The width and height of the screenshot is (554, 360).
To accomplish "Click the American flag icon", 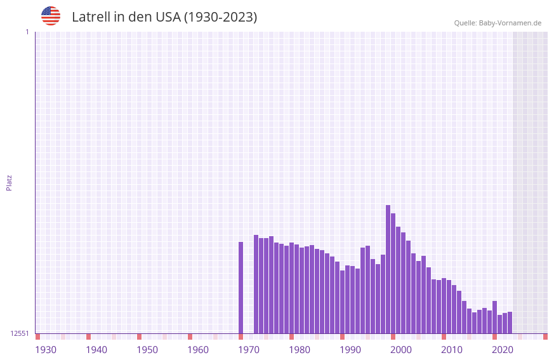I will (x=51, y=16).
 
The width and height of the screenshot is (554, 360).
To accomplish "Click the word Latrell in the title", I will (x=91, y=17).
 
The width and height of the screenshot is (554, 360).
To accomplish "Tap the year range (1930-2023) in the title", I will (x=220, y=17).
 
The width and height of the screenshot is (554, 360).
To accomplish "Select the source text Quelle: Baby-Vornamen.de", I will (x=498, y=23).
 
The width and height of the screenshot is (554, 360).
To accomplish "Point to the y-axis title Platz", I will (x=9, y=182).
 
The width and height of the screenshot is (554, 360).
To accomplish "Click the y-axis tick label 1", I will (x=27, y=32).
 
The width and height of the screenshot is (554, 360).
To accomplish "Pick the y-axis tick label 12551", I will (x=20, y=333).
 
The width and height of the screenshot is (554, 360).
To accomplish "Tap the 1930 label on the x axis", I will (x=46, y=350).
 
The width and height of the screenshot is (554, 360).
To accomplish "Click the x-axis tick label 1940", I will (x=96, y=350).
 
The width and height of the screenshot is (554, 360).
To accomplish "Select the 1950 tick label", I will (x=147, y=350).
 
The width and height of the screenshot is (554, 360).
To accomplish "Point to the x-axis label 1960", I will (x=198, y=350).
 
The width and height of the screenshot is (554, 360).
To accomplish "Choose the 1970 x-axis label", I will (x=249, y=350).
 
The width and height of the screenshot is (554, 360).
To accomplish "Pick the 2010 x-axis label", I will (x=452, y=350).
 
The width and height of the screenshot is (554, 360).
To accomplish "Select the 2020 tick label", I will (x=503, y=350).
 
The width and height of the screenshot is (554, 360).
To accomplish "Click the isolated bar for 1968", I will (x=241, y=288).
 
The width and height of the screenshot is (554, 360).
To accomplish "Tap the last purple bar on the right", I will (x=510, y=323).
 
